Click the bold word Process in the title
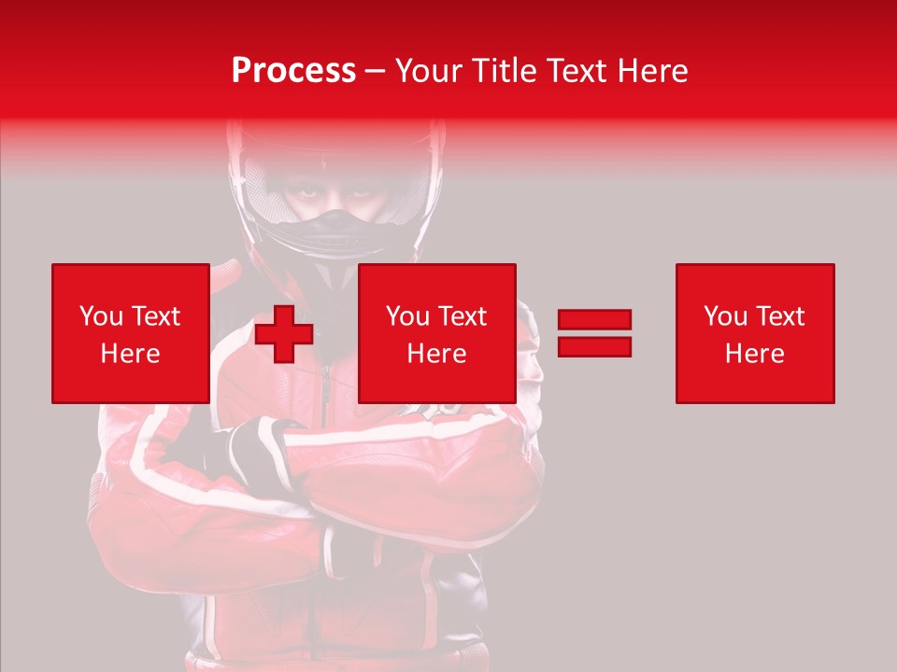(x=293, y=71)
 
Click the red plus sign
(x=284, y=334)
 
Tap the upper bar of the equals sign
(x=594, y=320)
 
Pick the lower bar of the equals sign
(x=594, y=346)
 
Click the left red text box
(x=130, y=333)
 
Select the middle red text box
(x=436, y=333)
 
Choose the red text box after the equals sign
(x=754, y=333)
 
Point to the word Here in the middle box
(x=436, y=353)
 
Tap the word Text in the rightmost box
(x=782, y=316)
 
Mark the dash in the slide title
(x=376, y=71)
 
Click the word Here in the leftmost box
(x=130, y=353)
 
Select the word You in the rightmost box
(x=726, y=316)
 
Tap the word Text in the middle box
(x=464, y=316)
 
